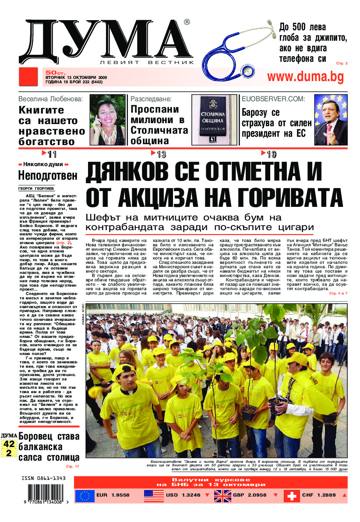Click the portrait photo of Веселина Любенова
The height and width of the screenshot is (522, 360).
pyautogui.click(x=107, y=120)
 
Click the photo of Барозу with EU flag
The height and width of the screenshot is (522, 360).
pyautogui.click(x=330, y=120)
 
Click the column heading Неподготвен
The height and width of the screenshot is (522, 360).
pyautogui.click(x=48, y=175)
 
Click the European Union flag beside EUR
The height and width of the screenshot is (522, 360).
pyautogui.click(x=85, y=496)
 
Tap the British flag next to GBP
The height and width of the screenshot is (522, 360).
pyautogui.click(x=223, y=496)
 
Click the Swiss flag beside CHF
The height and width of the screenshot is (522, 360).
pyautogui.click(x=292, y=496)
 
